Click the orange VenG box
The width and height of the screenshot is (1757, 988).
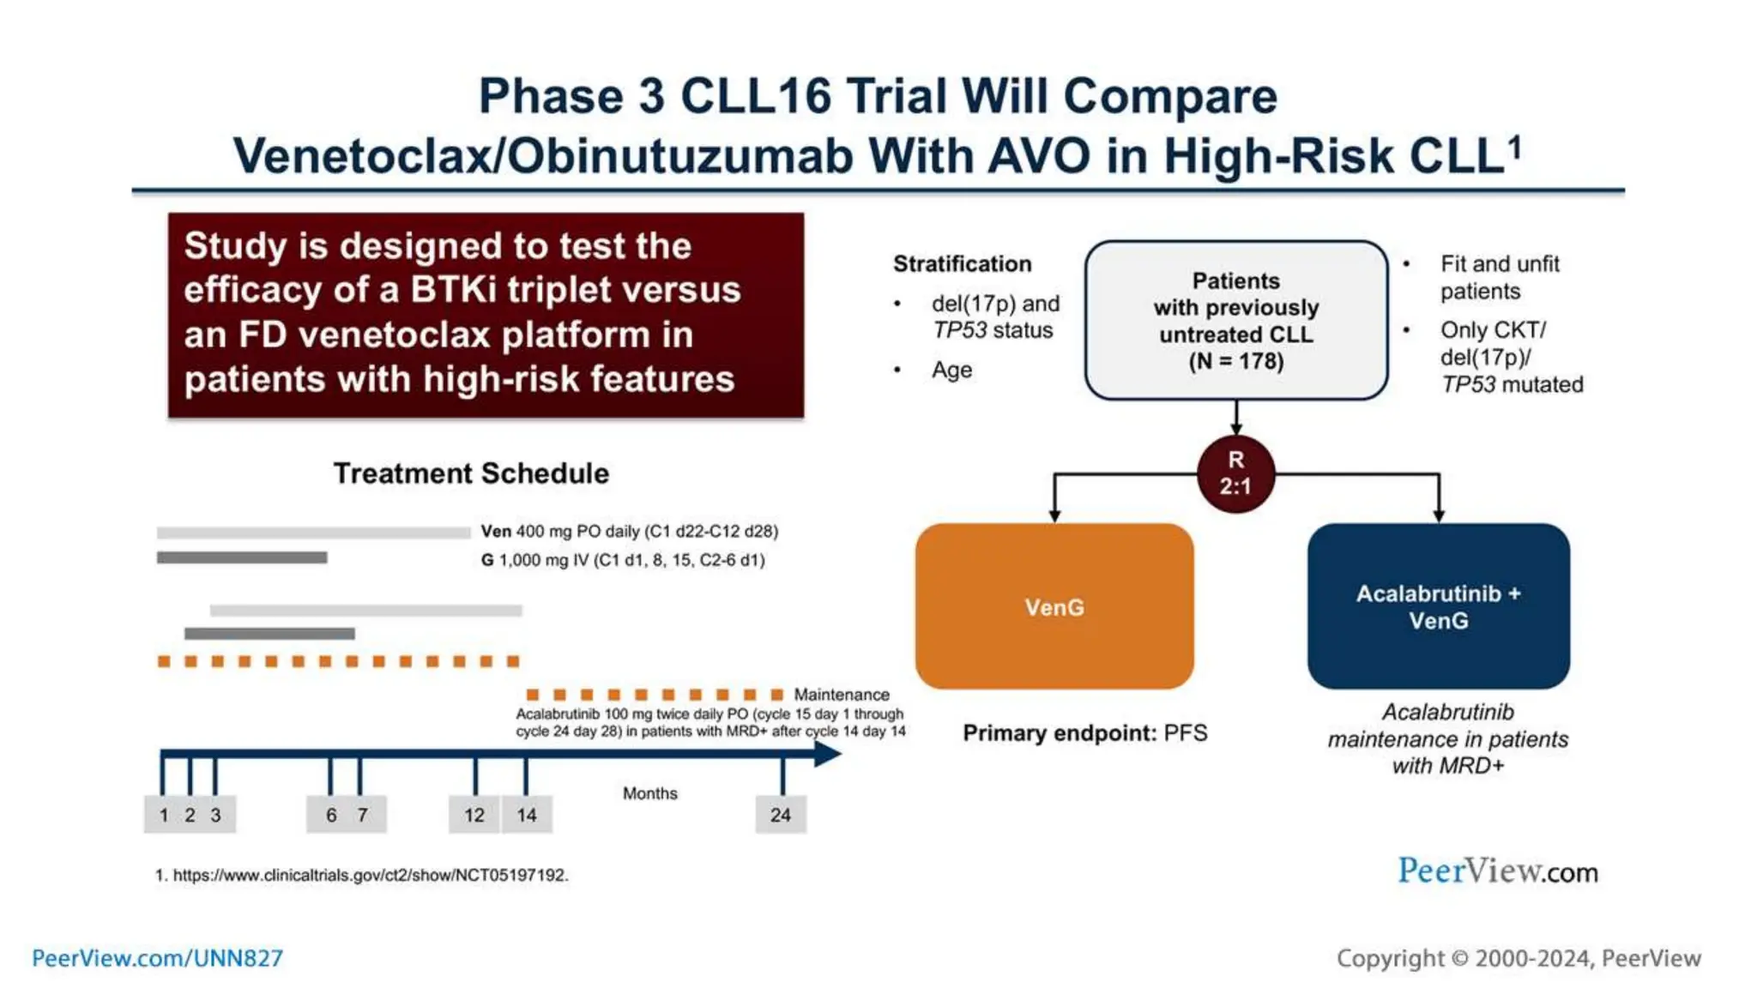pyautogui.click(x=1054, y=606)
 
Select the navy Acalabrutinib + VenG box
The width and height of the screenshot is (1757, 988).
pyautogui.click(x=1438, y=606)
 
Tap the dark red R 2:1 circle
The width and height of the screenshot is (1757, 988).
pyautogui.click(x=1235, y=473)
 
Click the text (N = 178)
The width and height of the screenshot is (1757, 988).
pyautogui.click(x=1235, y=361)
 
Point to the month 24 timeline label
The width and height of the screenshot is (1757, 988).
pyautogui.click(x=780, y=815)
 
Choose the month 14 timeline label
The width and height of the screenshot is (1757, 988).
pyautogui.click(x=526, y=815)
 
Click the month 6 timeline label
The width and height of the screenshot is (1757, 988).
pyautogui.click(x=331, y=815)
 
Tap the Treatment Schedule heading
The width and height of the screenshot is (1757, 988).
pyautogui.click(x=471, y=473)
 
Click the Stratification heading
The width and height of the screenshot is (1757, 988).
pyautogui.click(x=962, y=264)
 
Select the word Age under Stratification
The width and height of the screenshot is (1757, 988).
pyautogui.click(x=951, y=370)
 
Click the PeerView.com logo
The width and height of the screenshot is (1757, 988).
pyautogui.click(x=1497, y=871)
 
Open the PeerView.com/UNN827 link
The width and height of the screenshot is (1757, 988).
pyautogui.click(x=157, y=958)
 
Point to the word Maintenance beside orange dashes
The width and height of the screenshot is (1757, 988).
pyautogui.click(x=841, y=694)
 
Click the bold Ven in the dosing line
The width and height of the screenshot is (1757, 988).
pyautogui.click(x=496, y=531)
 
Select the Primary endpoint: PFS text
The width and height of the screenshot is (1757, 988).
pyautogui.click(x=1084, y=732)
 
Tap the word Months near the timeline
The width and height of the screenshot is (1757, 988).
pyautogui.click(x=649, y=793)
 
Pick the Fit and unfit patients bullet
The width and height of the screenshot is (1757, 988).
pyautogui.click(x=1499, y=277)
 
